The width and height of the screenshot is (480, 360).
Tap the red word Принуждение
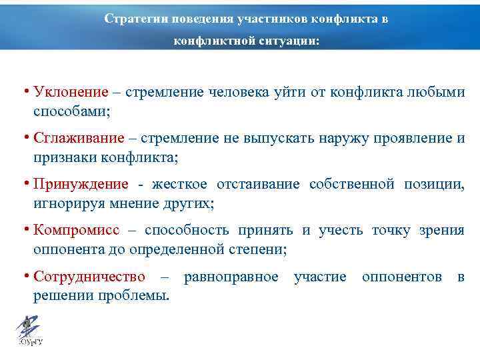click(x=81, y=184)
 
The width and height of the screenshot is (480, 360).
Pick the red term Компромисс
click(x=77, y=230)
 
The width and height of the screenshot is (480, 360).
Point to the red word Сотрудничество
click(x=89, y=276)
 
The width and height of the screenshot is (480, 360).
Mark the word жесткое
click(x=180, y=184)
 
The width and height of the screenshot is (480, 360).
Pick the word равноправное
click(x=231, y=276)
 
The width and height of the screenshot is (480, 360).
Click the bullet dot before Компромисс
click(x=25, y=230)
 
